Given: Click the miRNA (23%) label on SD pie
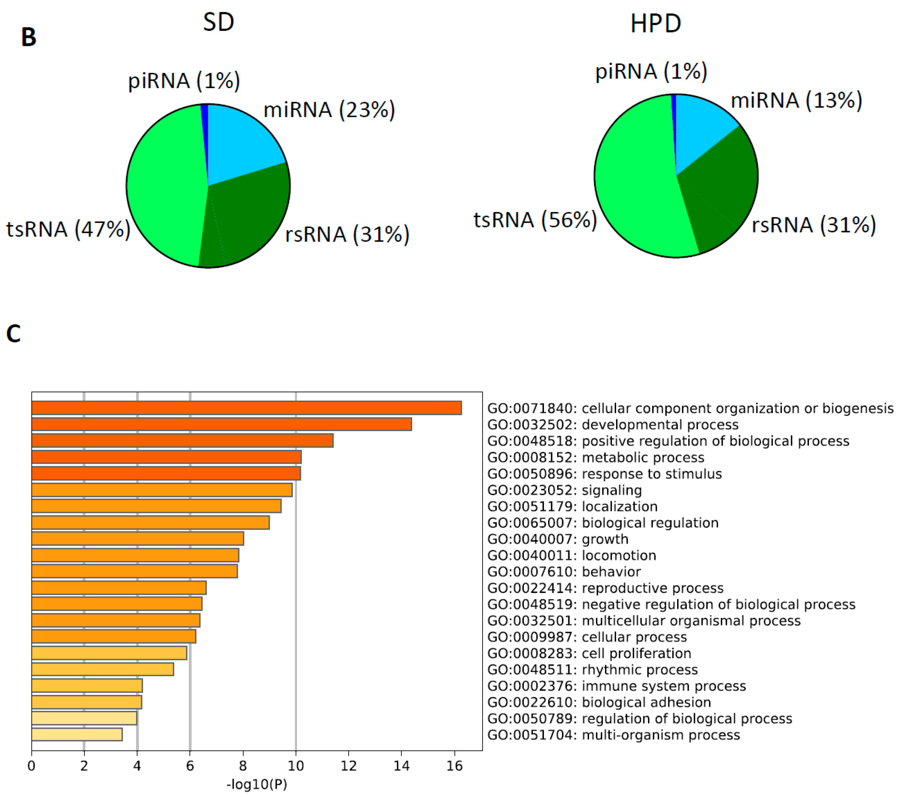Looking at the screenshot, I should (x=329, y=110).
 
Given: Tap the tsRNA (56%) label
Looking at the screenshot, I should (x=535, y=220).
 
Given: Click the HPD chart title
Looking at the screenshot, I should (x=656, y=23).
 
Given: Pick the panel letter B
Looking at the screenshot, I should (x=29, y=37).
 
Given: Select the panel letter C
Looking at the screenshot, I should (x=13, y=334).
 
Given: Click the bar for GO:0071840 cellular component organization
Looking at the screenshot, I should (x=246, y=408).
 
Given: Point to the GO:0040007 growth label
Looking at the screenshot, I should (x=558, y=539).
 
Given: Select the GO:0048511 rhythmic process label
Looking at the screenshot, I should (x=592, y=670).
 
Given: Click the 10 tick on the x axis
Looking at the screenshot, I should (x=295, y=766).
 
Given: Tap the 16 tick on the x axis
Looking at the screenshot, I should (x=454, y=766).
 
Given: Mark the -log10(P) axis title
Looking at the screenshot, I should (x=256, y=784).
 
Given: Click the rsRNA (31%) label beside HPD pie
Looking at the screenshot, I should (x=813, y=225).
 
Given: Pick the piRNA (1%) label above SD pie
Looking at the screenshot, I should (x=184, y=81).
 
